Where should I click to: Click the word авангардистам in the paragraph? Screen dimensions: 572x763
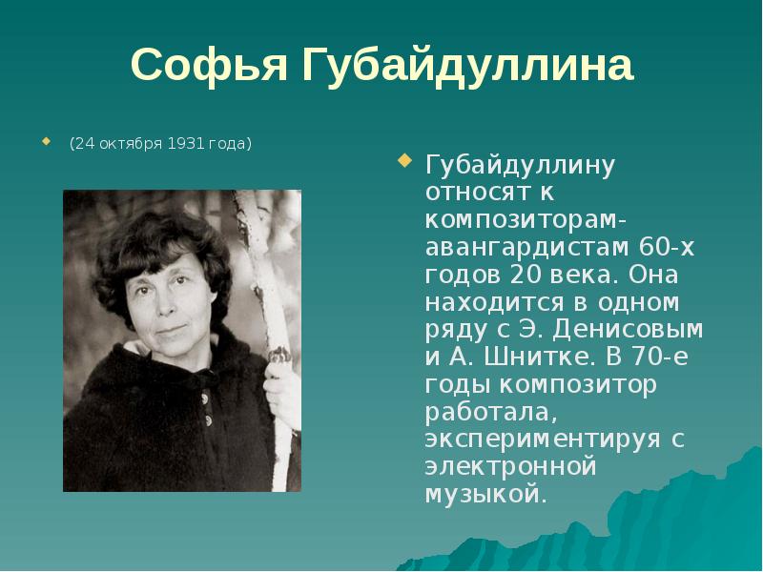pyautogui.click(x=524, y=248)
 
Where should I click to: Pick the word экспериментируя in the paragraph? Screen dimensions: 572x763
pyautogui.click(x=543, y=440)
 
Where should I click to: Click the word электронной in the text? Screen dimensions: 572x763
pyautogui.click(x=510, y=468)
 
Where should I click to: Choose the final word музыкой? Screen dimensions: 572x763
pyautogui.click(x=485, y=496)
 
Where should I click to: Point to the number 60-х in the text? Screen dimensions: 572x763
pyautogui.click(x=668, y=248)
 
